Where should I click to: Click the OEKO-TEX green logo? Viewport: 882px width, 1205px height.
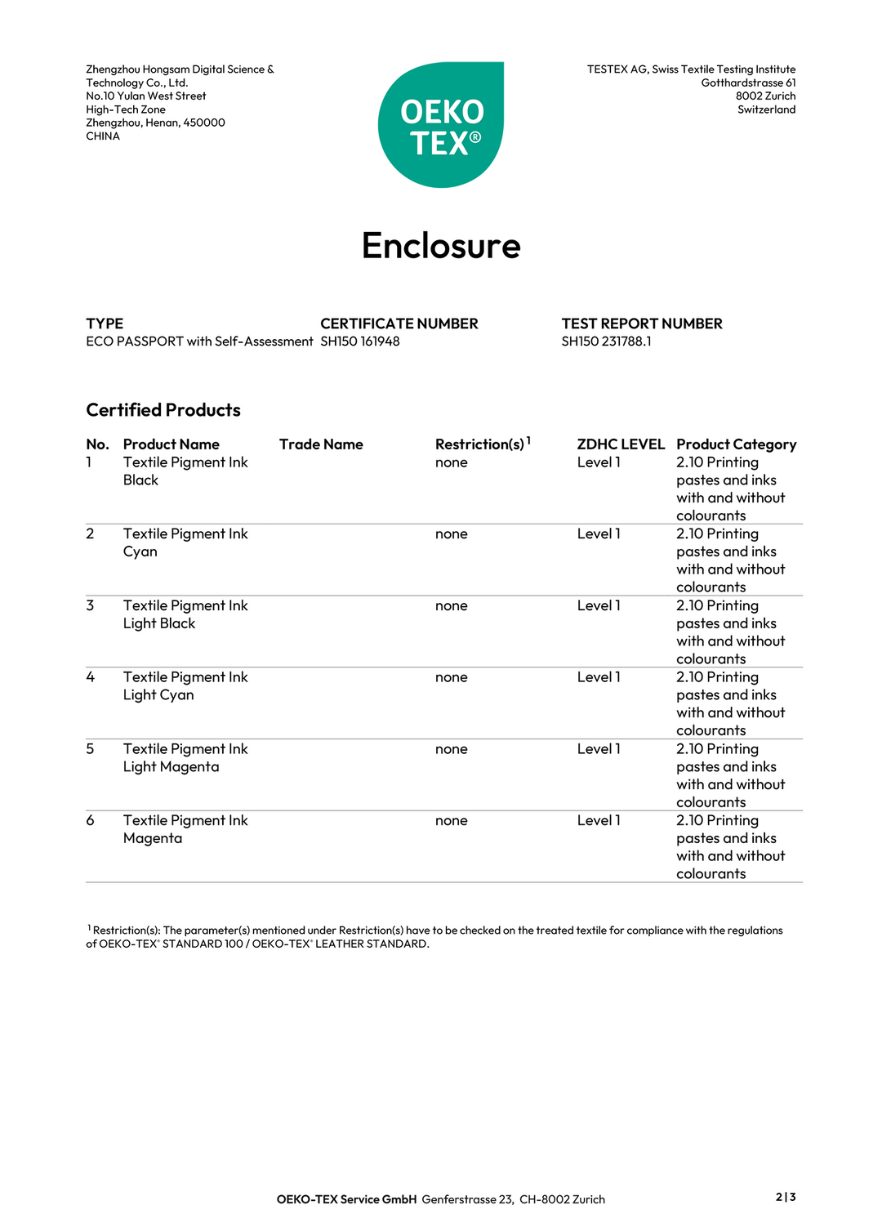tap(441, 125)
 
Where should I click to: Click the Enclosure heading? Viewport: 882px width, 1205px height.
tap(441, 246)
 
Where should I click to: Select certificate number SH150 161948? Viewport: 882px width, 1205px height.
tap(360, 341)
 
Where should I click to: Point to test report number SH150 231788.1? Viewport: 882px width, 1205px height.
tap(606, 341)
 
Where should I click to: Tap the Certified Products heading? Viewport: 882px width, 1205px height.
tap(163, 410)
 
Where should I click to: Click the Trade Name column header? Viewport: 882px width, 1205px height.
tap(321, 444)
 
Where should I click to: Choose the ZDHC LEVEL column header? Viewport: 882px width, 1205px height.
tap(621, 444)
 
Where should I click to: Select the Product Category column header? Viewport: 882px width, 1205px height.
tap(736, 444)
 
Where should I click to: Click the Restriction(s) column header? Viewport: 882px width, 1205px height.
tap(480, 444)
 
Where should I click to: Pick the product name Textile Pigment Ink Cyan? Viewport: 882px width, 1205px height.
tap(185, 542)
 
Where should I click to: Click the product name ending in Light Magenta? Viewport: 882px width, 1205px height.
tap(185, 757)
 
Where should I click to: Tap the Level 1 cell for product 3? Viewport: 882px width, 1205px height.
tap(599, 605)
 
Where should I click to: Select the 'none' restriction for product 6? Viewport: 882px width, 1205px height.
tap(452, 820)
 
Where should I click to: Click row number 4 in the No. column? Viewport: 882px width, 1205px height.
tap(91, 677)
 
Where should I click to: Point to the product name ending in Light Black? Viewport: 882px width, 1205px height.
tap(185, 614)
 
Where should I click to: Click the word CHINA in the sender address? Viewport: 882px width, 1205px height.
tap(103, 136)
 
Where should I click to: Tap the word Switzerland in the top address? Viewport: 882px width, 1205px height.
tap(766, 109)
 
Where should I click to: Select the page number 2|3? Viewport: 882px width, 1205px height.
tap(786, 1197)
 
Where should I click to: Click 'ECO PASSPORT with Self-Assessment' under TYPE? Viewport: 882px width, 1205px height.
tap(199, 341)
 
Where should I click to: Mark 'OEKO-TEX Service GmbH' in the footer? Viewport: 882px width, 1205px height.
tap(346, 1199)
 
